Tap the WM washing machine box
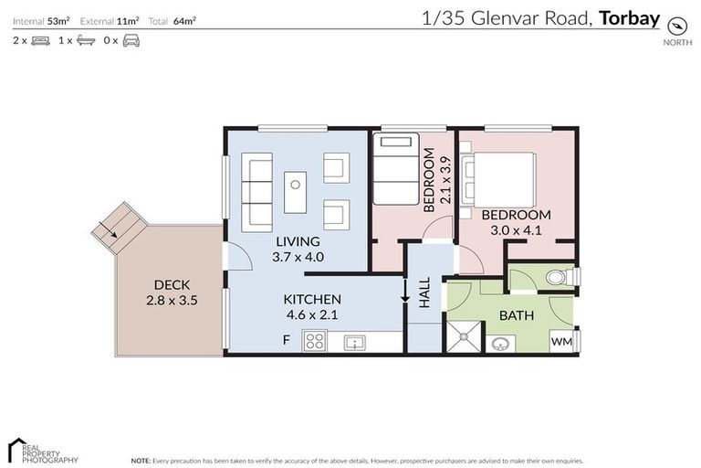pyautogui.click(x=560, y=341)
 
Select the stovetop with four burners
pyautogui.click(x=316, y=341)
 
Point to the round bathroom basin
pyautogui.click(x=499, y=344)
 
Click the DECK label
pyautogui.click(x=171, y=284)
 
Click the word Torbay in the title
pyautogui.click(x=630, y=16)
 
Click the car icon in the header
pyautogui.click(x=131, y=41)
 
